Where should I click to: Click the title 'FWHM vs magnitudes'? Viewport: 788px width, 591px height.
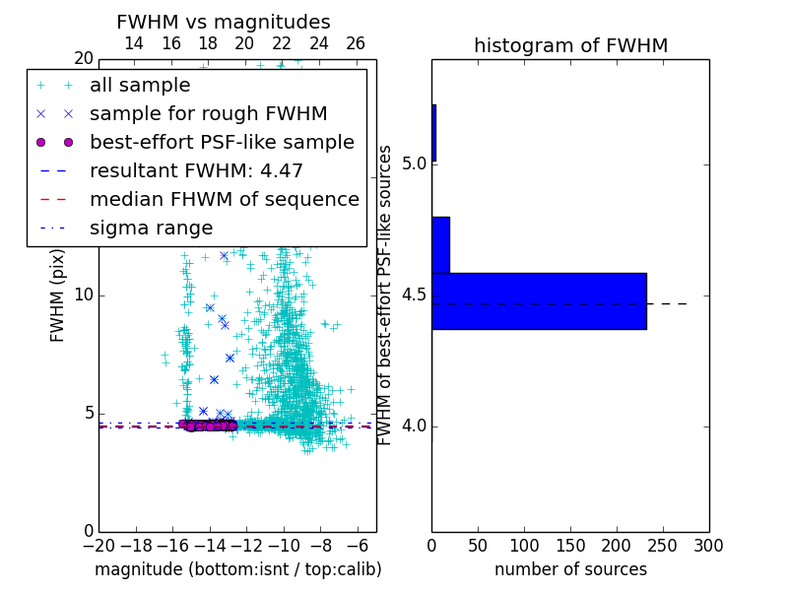pos(224,22)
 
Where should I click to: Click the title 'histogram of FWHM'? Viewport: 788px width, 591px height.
pos(570,45)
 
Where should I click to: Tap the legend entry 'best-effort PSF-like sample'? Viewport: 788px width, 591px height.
pos(222,143)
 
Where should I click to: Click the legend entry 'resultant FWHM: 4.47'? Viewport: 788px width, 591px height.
pos(196,171)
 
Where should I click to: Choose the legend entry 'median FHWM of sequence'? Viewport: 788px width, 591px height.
pos(224,200)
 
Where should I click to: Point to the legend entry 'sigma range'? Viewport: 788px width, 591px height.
pos(151,229)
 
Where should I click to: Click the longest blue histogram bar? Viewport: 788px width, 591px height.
pos(539,300)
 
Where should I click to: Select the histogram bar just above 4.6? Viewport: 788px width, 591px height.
pos(440,244)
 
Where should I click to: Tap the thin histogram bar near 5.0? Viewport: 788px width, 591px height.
pos(433,133)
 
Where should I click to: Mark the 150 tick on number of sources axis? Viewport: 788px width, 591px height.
pos(570,545)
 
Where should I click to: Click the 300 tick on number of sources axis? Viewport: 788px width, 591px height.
pos(708,545)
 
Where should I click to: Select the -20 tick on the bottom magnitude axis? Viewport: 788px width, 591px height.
pos(98,545)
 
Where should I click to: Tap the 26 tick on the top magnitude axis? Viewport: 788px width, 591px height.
pos(356,43)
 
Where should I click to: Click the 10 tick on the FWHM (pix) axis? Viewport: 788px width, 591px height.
pos(83,295)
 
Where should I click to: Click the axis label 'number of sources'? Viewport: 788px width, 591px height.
pos(570,569)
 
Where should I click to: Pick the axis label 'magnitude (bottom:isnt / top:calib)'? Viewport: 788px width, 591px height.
pos(237,569)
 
